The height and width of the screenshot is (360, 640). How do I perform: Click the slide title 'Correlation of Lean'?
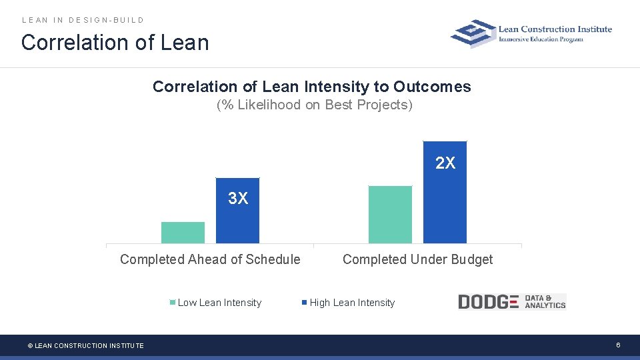pos(115,43)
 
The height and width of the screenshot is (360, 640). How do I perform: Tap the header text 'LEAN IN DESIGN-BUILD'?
pos(83,20)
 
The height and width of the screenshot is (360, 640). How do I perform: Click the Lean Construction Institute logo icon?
pos(473,33)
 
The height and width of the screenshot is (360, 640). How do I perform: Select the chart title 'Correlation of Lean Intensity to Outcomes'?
pos(311,87)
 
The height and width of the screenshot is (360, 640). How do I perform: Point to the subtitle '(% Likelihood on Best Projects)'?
pos(315,105)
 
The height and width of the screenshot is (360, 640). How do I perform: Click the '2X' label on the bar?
pos(445,163)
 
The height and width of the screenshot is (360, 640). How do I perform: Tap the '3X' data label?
pos(238,199)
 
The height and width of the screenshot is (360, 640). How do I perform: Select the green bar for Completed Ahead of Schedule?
pos(183,233)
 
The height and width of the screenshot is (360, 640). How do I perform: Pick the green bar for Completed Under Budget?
pos(390,215)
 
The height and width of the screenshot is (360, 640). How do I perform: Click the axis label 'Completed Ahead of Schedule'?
pos(210,259)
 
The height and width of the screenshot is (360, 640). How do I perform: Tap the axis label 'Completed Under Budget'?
pos(417,259)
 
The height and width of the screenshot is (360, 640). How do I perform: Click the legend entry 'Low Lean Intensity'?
pos(219,303)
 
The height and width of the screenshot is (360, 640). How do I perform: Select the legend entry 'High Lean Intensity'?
pos(351,303)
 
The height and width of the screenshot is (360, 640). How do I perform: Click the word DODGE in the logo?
pos(488,302)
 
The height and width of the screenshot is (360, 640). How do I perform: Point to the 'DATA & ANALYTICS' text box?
pos(545,302)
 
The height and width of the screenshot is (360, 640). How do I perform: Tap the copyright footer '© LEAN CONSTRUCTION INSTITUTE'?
pos(85,345)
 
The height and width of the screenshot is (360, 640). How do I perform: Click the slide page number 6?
pos(618,345)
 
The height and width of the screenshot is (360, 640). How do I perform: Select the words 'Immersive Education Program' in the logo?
pos(541,39)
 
